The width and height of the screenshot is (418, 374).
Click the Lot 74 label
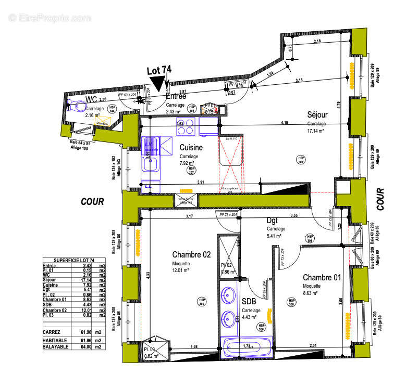pos(159,70)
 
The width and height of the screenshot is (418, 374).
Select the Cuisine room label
pos(191,148)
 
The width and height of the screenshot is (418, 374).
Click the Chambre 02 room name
pos(191,254)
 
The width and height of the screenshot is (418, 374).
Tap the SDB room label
pos(249,302)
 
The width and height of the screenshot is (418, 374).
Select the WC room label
pos(91,99)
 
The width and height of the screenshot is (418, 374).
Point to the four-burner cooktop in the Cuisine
pos(189,126)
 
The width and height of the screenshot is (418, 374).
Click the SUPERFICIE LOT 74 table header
pos(74,260)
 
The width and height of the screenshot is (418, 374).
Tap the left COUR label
pos(92,201)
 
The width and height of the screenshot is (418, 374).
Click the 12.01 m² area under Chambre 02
pos(180,270)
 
